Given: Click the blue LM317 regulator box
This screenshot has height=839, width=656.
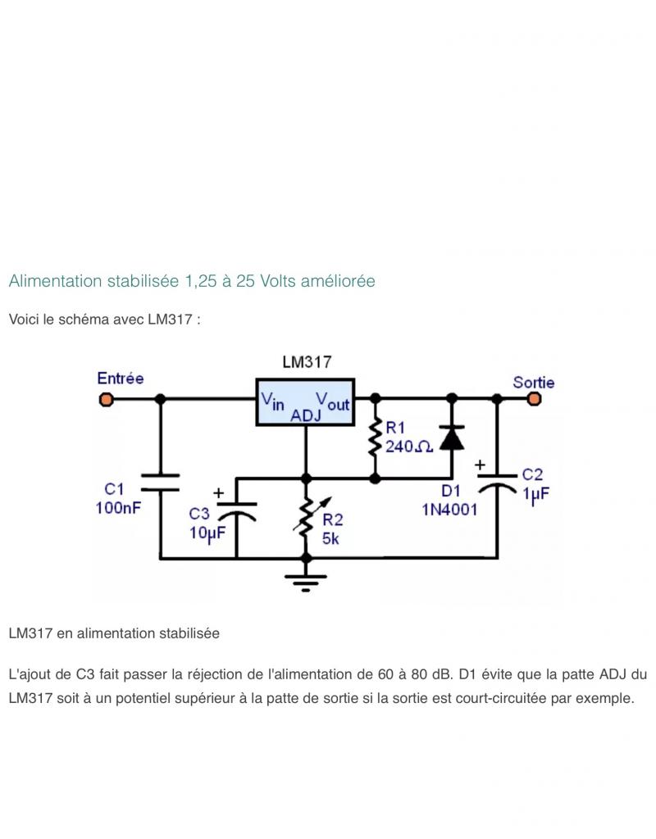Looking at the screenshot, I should [305, 401].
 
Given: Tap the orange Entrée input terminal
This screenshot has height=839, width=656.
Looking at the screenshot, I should [106, 399].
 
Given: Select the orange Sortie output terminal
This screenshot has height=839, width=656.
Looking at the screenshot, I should [535, 399].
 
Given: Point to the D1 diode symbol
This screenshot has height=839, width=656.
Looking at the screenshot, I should [451, 438].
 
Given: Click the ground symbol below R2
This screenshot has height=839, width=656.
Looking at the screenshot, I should [307, 582].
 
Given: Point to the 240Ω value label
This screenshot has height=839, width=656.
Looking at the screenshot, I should [409, 447].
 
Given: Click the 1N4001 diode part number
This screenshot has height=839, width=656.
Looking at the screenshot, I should [449, 510].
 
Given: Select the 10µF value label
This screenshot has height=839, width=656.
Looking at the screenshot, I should [207, 532].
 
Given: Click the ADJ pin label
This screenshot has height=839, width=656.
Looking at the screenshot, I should [306, 415].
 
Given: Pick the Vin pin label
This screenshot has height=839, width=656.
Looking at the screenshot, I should [273, 401].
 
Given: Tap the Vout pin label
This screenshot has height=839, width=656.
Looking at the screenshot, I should [333, 401].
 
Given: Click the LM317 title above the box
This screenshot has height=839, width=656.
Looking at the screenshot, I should [307, 362].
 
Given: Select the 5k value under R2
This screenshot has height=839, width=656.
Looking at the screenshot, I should [331, 538].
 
